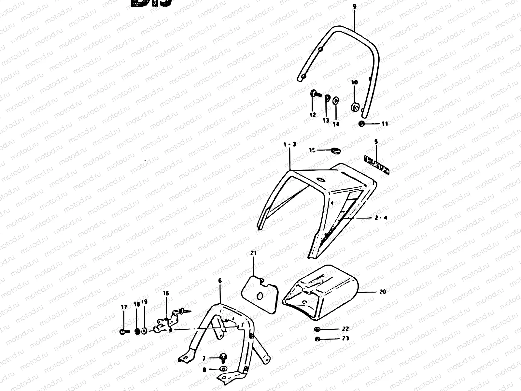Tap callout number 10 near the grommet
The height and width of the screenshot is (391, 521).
pos(355,82)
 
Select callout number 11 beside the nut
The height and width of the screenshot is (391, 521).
pos(385,124)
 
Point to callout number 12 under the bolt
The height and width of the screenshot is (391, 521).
pos(313,115)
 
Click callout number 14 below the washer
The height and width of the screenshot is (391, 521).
pos(336,124)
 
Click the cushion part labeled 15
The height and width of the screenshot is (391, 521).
pos(334,151)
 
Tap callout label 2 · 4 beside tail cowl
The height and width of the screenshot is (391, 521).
pos(381,218)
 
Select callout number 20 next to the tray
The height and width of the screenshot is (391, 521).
pos(383,292)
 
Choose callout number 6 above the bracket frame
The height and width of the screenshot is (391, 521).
pos(220,280)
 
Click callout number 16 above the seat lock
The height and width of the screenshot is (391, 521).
pos(166,293)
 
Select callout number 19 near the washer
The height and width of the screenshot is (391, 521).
pos(144,302)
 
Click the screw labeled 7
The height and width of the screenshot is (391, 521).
pos(224,357)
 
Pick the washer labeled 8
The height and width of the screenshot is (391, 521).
pos(223,369)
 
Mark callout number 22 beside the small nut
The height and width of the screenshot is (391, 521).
pos(345,329)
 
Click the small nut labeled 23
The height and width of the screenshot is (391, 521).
pos(317,339)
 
